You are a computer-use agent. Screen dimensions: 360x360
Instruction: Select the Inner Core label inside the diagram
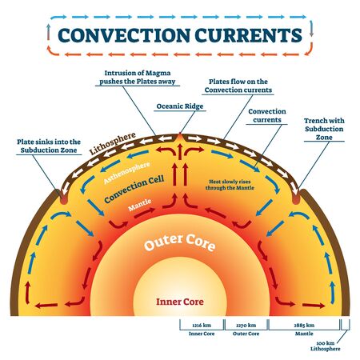coord(179,302)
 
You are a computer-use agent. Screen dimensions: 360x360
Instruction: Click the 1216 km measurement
coord(201,326)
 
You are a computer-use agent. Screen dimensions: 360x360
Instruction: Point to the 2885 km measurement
coord(305,326)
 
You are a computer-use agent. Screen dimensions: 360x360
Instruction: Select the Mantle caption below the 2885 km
coord(305,334)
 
